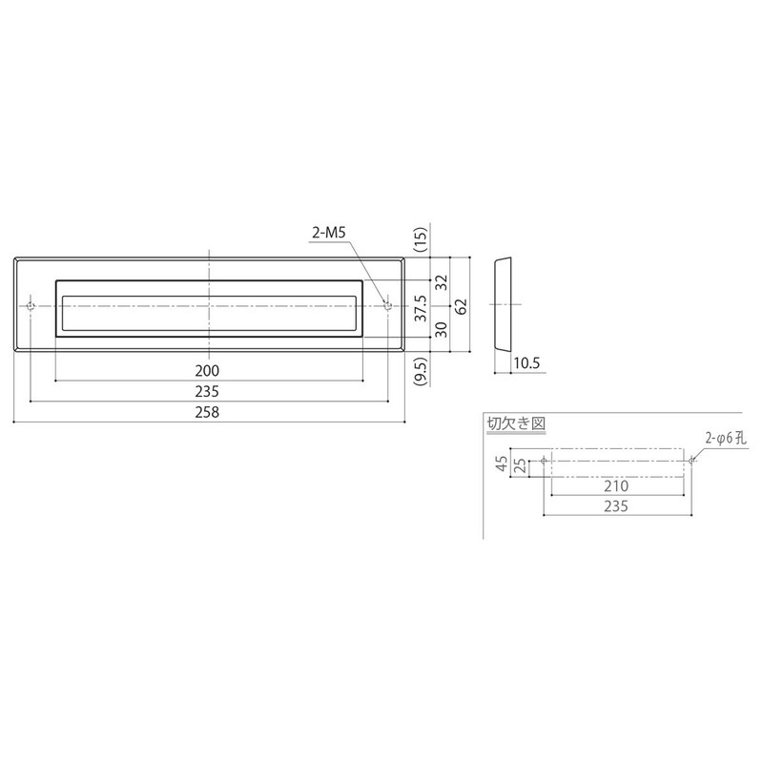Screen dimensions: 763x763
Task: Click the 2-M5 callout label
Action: pos(328,233)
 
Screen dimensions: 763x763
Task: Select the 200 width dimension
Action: pos(207,371)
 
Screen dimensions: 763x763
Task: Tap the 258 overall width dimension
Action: pos(207,412)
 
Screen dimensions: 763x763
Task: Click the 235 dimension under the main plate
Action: pos(207,391)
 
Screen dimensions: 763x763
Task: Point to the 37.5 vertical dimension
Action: pos(421,308)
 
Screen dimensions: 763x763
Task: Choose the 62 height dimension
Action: pos(461,306)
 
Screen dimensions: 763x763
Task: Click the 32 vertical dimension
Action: pos(441,282)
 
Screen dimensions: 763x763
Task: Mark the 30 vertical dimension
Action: pos(441,330)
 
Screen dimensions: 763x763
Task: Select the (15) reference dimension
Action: pos(421,239)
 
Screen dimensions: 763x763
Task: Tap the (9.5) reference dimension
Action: pos(421,371)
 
